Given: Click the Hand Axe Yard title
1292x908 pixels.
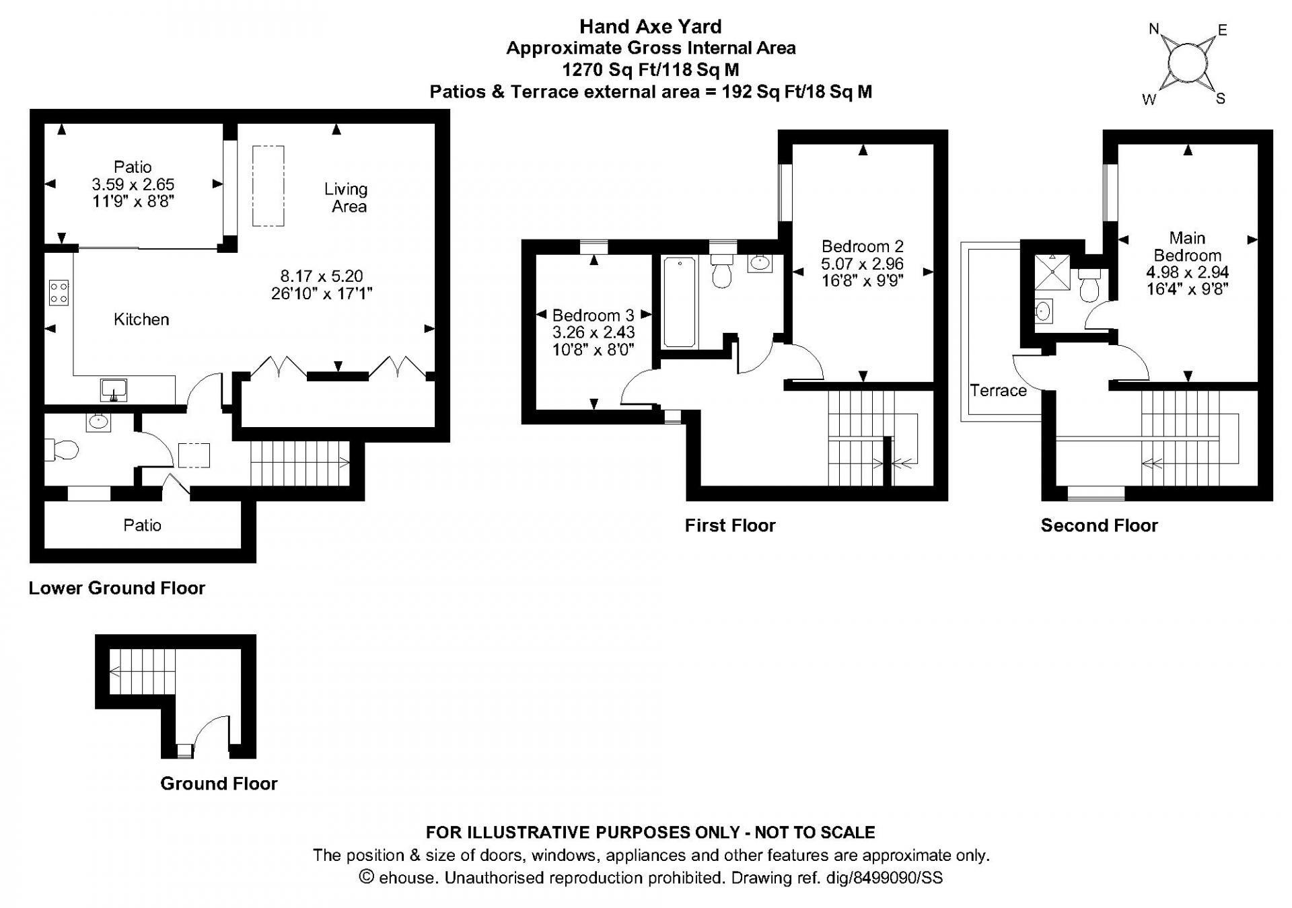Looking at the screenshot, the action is (x=650, y=26).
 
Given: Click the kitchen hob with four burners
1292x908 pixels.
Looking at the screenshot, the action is (x=59, y=293).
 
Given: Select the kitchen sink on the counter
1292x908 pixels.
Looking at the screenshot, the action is (x=114, y=389).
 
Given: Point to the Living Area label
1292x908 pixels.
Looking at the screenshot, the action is (x=347, y=198).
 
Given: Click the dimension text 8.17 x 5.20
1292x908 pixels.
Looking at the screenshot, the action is (x=322, y=276).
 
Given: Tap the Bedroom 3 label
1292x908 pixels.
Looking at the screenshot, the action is (x=593, y=315).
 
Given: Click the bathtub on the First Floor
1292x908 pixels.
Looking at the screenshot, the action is (x=679, y=302).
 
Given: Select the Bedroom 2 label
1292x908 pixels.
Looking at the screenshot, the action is (x=862, y=246).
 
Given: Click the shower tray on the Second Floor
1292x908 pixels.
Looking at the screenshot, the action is (x=1052, y=271).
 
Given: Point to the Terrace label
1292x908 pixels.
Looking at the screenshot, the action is (x=998, y=391).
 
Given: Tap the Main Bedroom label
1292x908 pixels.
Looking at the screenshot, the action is (x=1187, y=246).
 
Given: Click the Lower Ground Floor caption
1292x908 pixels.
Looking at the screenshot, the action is (x=116, y=588).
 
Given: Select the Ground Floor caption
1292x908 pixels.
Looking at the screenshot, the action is (x=219, y=784).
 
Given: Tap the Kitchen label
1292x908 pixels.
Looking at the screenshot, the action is (x=141, y=319).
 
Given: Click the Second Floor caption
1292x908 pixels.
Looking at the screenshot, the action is (x=1099, y=525).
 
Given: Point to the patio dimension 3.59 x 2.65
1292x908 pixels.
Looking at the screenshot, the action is (x=133, y=184).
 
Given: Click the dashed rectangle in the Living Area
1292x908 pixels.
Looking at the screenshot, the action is (x=268, y=186).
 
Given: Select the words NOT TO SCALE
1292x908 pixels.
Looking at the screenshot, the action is (x=814, y=833).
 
